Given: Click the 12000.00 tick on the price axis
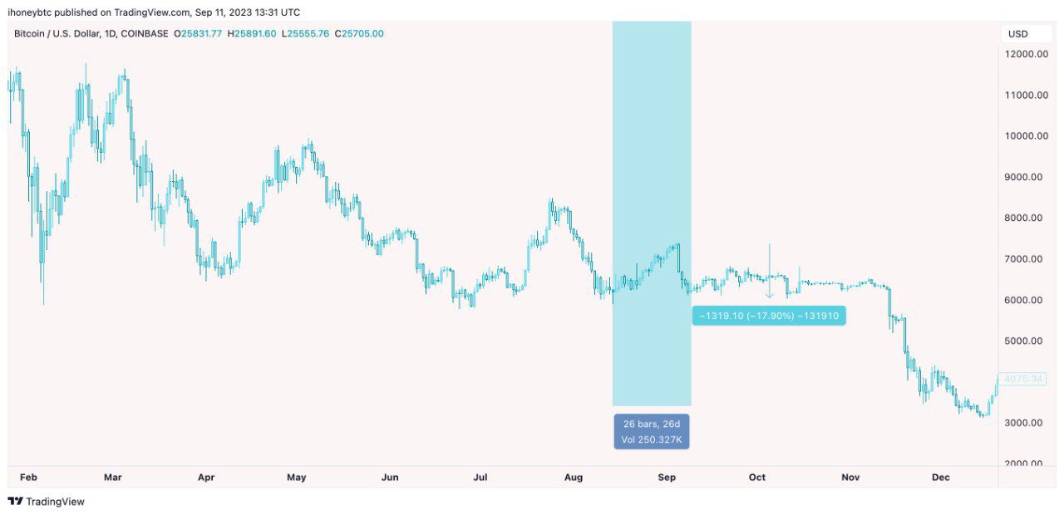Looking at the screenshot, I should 1025,54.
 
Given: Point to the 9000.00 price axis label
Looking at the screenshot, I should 1025,177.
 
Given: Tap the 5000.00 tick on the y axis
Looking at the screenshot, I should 1025,341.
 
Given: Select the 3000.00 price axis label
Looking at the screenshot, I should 1025,423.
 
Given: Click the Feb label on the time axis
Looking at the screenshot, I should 28,478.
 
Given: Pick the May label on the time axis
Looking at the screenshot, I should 297,478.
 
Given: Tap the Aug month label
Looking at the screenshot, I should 574,478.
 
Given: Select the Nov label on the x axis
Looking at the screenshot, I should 850,478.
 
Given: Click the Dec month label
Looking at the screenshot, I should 940,478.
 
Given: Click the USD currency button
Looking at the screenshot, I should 1017,34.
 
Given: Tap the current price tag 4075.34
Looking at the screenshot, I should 1022,379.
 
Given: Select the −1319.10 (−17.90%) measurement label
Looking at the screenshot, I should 768,316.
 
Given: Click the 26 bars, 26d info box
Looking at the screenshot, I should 652,431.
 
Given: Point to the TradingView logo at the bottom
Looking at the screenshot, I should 47,502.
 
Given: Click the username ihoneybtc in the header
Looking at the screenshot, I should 33,12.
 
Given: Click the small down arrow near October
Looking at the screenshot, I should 769,294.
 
